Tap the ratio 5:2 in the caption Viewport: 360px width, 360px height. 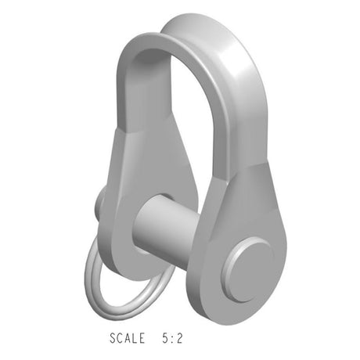click(x=171, y=339)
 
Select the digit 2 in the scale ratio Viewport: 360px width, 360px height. click(x=180, y=339)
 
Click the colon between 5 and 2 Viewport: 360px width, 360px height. click(x=171, y=340)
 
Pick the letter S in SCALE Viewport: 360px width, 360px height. click(x=113, y=339)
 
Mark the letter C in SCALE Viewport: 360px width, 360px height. click(x=121, y=339)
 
